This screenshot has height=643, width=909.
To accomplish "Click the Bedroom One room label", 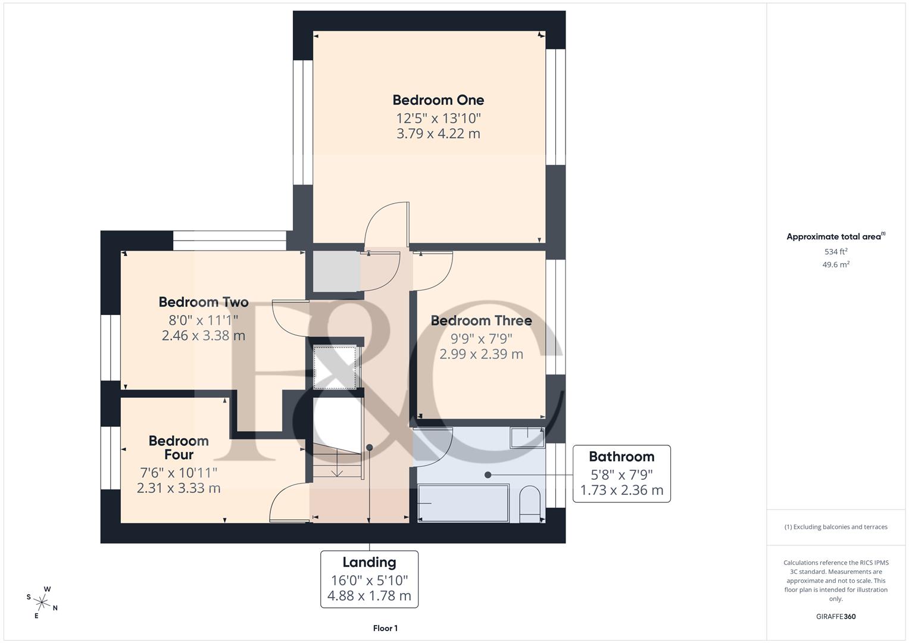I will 438,100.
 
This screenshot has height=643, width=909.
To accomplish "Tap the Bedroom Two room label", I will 204,302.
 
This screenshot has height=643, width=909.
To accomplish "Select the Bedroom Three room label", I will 481,320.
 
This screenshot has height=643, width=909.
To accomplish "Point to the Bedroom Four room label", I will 179,448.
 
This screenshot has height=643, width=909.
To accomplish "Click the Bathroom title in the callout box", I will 621,457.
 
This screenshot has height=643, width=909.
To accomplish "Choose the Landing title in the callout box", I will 369,562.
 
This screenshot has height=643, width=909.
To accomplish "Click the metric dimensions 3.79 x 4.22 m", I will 438,133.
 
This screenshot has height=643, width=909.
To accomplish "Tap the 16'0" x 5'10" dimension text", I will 369,580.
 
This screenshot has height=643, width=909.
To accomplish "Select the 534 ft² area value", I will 836,252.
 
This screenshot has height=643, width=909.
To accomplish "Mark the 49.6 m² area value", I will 836,265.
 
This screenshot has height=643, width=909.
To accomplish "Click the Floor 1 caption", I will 385,628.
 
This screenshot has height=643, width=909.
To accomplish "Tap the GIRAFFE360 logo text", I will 836,616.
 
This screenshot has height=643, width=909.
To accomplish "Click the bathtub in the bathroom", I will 464,504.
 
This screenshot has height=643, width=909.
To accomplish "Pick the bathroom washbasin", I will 527,438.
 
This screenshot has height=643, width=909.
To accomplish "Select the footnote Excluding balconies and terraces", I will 836,527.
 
